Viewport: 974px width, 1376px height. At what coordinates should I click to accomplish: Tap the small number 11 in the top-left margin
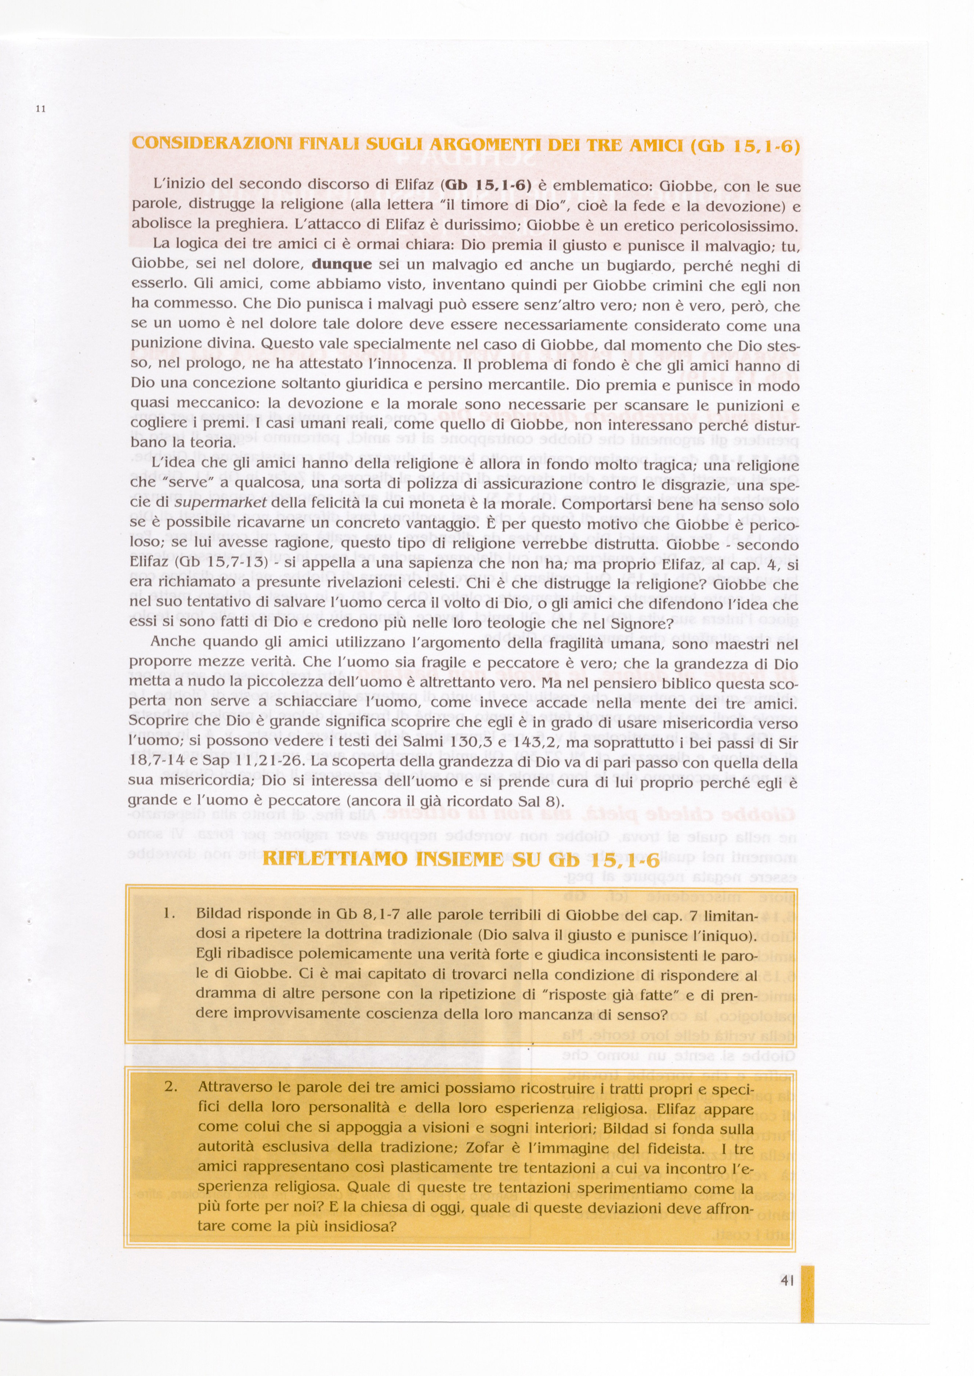(x=41, y=109)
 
